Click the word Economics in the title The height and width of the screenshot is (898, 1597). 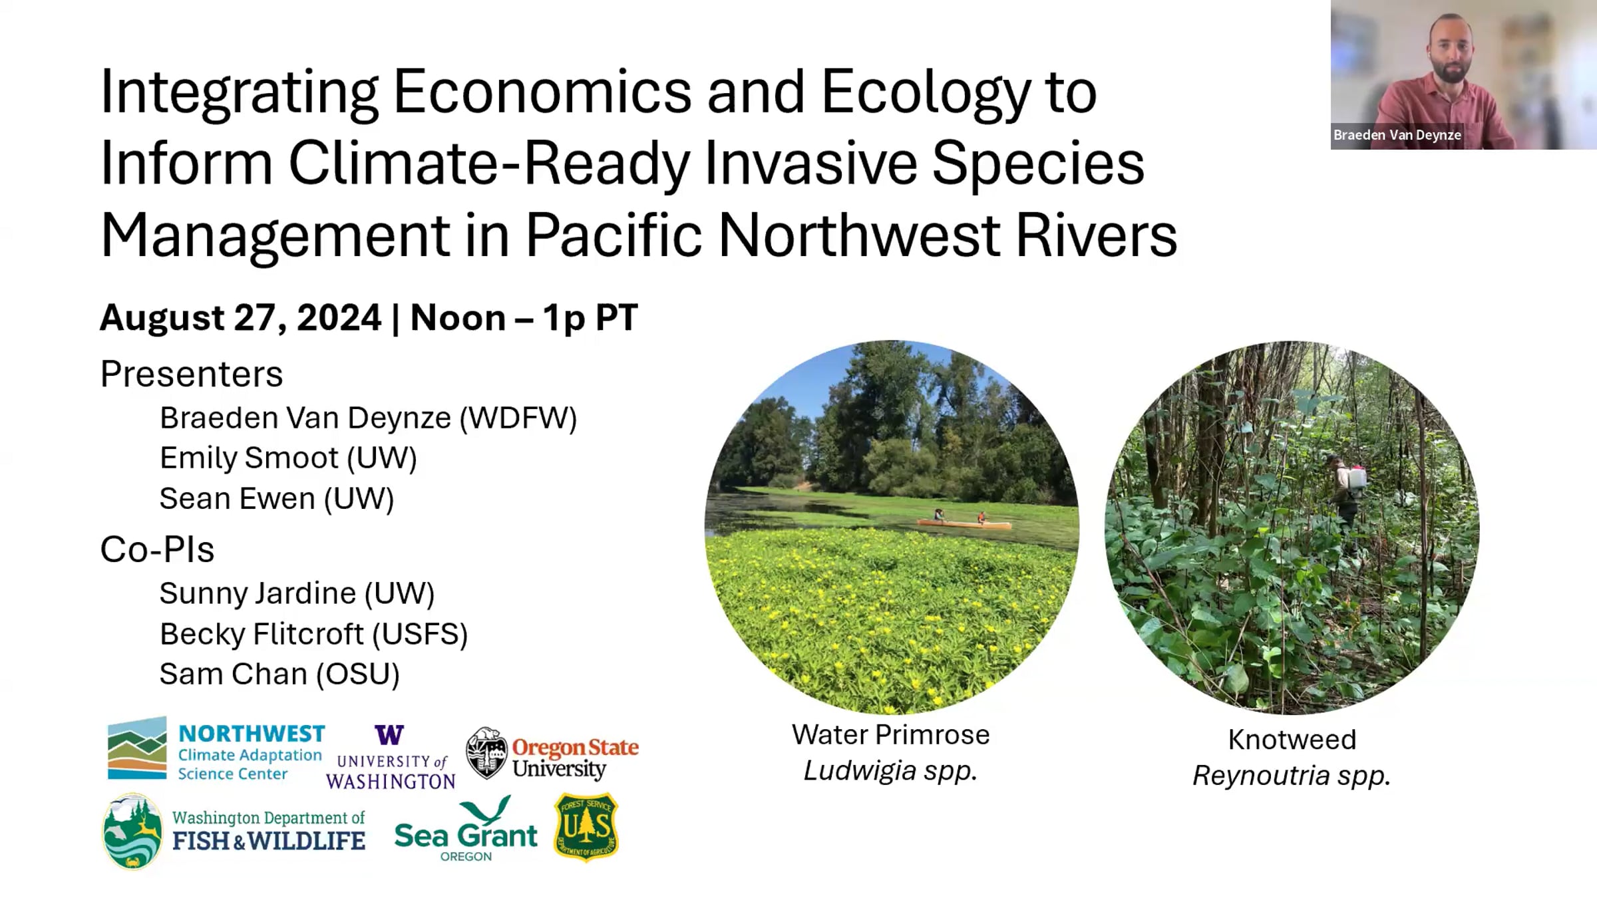pyautogui.click(x=542, y=91)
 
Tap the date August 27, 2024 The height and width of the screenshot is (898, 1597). pyautogui.click(x=240, y=317)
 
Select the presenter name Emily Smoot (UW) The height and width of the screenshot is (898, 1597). pyautogui.click(x=288, y=458)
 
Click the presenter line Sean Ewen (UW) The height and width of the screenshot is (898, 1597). pyautogui.click(x=277, y=498)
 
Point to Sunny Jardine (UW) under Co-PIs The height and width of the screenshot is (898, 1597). pyautogui.click(x=297, y=593)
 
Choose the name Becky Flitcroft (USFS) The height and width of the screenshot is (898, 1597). pyautogui.click(x=313, y=634)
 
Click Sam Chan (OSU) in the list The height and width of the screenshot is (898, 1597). pyautogui.click(x=279, y=674)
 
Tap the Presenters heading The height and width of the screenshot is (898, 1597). pyautogui.click(x=192, y=373)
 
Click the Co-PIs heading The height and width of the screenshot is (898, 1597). pyautogui.click(x=157, y=549)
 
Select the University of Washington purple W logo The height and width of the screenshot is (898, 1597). pyautogui.click(x=389, y=735)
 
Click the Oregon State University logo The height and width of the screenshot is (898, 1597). pyautogui.click(x=552, y=754)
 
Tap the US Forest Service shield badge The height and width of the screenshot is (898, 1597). pyautogui.click(x=586, y=827)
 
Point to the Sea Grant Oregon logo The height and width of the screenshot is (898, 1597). pyautogui.click(x=466, y=829)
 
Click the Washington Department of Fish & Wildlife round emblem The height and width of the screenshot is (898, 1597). pyautogui.click(x=132, y=831)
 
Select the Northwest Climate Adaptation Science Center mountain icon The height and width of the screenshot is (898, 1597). pyautogui.click(x=137, y=748)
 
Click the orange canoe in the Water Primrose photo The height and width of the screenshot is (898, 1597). pyautogui.click(x=964, y=524)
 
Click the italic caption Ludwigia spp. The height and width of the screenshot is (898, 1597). pyautogui.click(x=890, y=771)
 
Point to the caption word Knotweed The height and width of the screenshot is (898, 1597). pyautogui.click(x=1292, y=740)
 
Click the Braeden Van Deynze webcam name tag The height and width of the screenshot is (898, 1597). pyautogui.click(x=1397, y=135)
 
